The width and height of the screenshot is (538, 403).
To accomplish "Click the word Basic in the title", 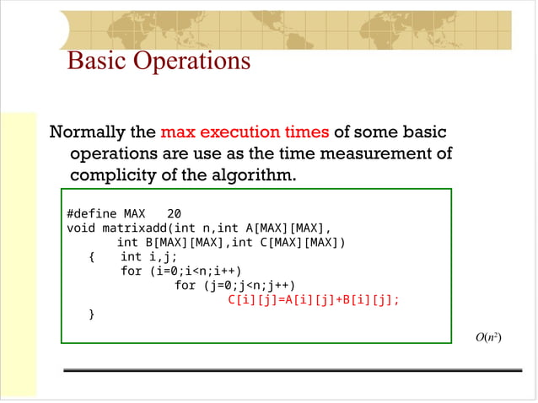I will tap(95, 61).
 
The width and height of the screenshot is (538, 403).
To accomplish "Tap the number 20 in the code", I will tap(175, 213).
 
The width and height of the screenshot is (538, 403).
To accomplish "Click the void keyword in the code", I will tap(81, 228).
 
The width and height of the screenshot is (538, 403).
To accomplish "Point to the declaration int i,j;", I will tap(148, 256).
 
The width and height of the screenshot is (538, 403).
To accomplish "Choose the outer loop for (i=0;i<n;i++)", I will tap(181, 271).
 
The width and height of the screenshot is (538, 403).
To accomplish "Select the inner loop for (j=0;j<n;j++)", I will tap(235, 285).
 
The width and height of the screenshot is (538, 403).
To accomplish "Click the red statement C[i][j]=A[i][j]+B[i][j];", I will tap(314, 299).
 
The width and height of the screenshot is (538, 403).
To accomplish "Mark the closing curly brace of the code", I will tap(92, 314).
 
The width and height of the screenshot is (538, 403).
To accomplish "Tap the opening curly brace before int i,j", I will tap(92, 256).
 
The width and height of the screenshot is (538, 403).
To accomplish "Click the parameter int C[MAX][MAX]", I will tap(288, 243).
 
